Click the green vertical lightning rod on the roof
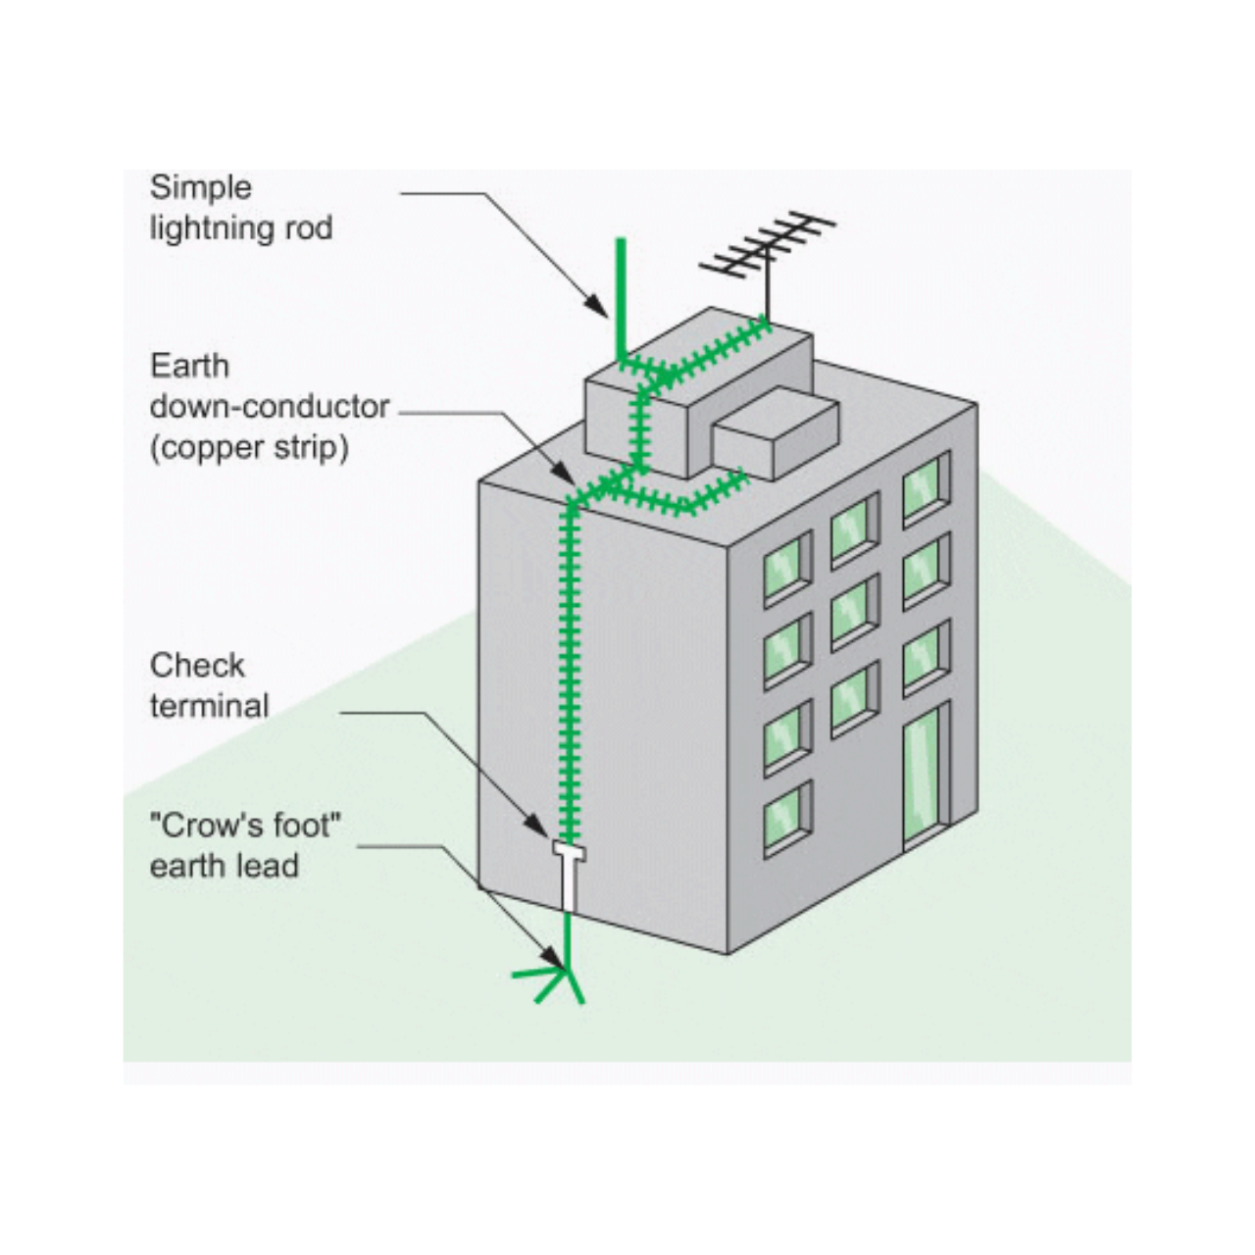pos(621,294)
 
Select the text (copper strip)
pos(249,447)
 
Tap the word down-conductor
pos(270,406)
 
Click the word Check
pos(197,665)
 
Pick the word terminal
pos(209,706)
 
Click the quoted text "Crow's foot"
pos(245,826)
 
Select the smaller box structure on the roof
pos(775,431)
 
